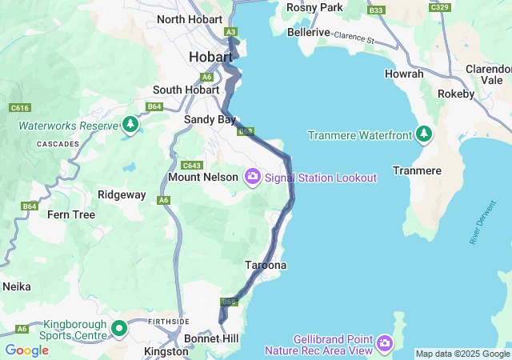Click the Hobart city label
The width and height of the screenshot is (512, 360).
211,57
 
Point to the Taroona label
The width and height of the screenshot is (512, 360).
266,265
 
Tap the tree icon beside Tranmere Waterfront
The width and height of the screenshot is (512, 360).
424,134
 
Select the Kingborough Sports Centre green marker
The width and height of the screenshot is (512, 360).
119,328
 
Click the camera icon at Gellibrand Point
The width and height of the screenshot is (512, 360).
385,343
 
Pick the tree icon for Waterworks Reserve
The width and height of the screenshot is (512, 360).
130,125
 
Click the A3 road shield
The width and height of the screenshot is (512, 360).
231,31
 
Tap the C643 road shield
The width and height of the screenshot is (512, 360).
191,166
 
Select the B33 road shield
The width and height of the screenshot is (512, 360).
376,10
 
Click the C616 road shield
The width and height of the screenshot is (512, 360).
20,107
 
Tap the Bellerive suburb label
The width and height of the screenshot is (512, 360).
309,32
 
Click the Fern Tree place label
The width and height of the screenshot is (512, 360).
71,214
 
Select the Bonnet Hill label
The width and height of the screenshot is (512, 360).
211,339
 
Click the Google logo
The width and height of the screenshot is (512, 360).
26,350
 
